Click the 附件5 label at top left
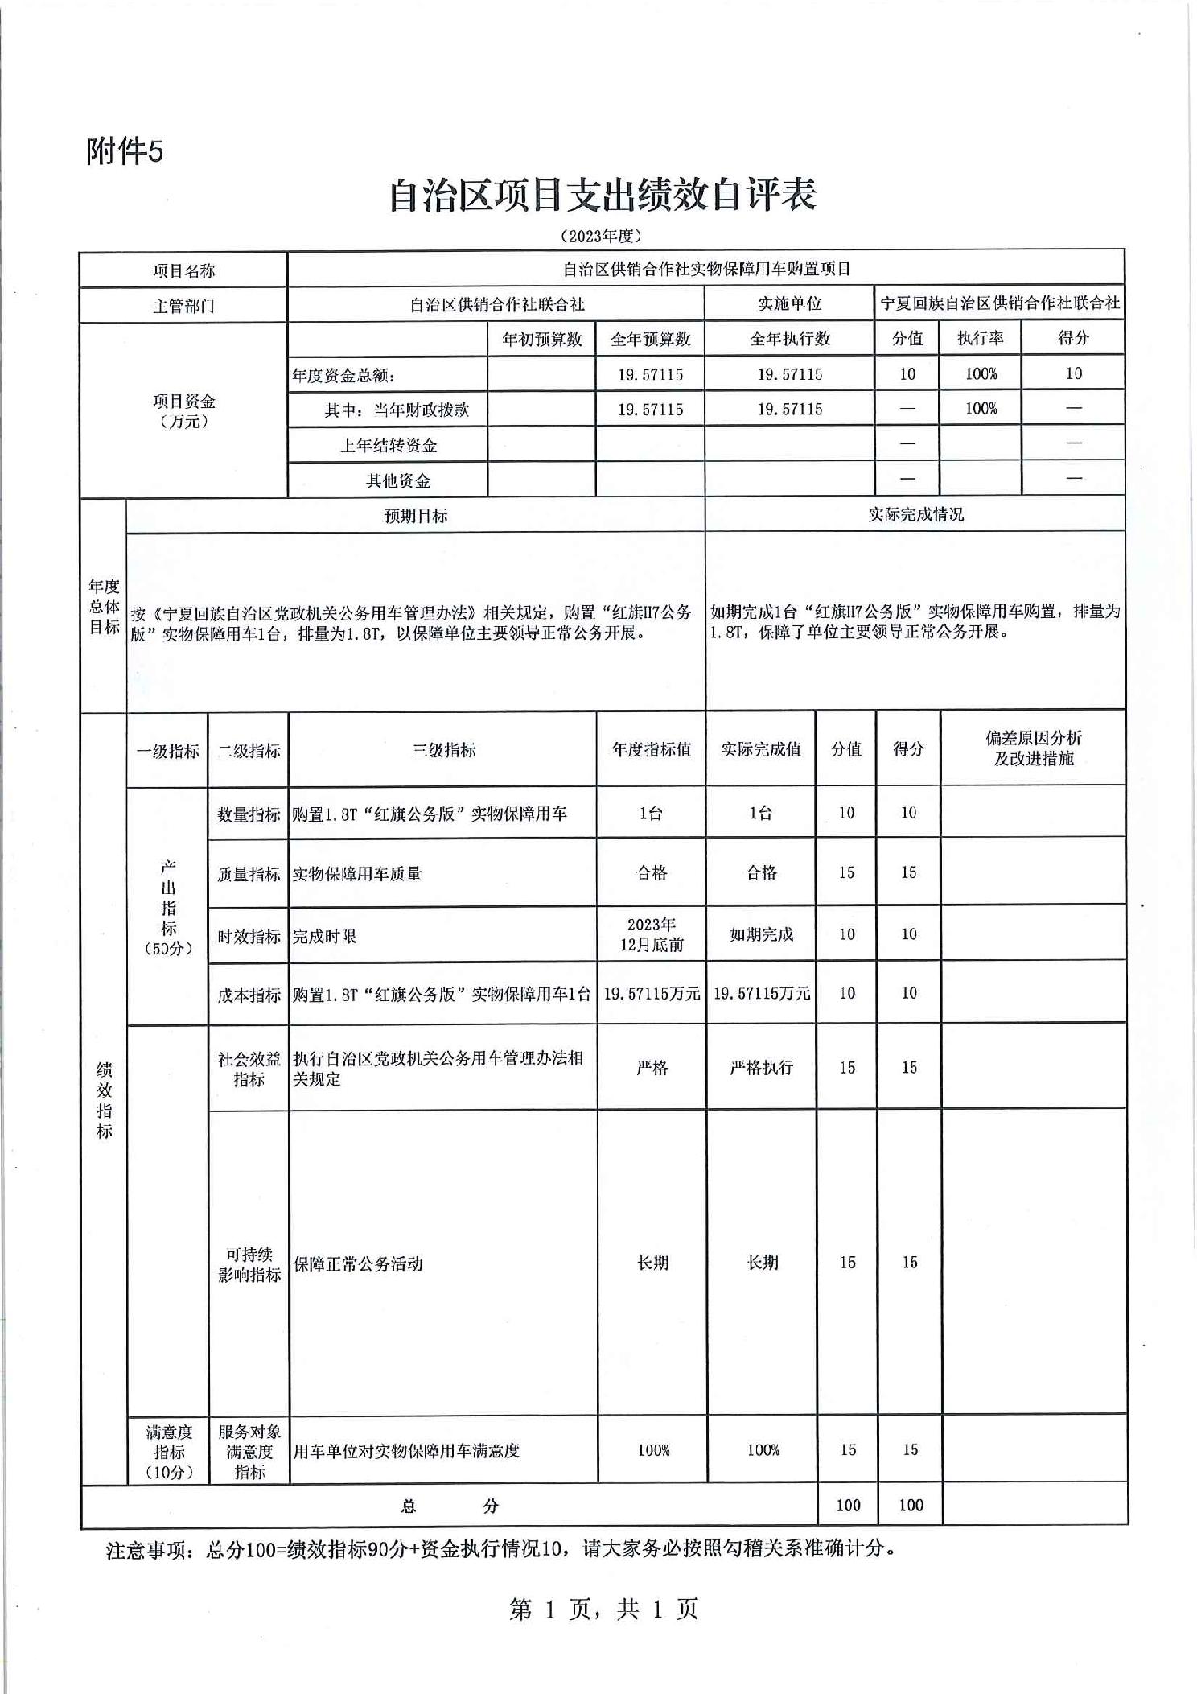(125, 150)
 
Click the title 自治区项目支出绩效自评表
(603, 196)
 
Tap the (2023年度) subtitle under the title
(602, 236)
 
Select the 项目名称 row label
(183, 270)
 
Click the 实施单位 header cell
(789, 303)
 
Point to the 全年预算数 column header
(650, 339)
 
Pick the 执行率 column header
(980, 338)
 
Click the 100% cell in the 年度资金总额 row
(981, 373)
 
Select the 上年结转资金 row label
(388, 445)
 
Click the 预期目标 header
(415, 516)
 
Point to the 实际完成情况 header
(915, 514)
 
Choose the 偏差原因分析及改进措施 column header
(1034, 748)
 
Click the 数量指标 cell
(249, 814)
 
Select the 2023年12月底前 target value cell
(651, 934)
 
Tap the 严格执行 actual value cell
(761, 1067)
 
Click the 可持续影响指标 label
(249, 1263)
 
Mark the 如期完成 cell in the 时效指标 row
(761, 934)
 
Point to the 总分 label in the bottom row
(449, 1506)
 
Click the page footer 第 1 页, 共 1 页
(603, 1609)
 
